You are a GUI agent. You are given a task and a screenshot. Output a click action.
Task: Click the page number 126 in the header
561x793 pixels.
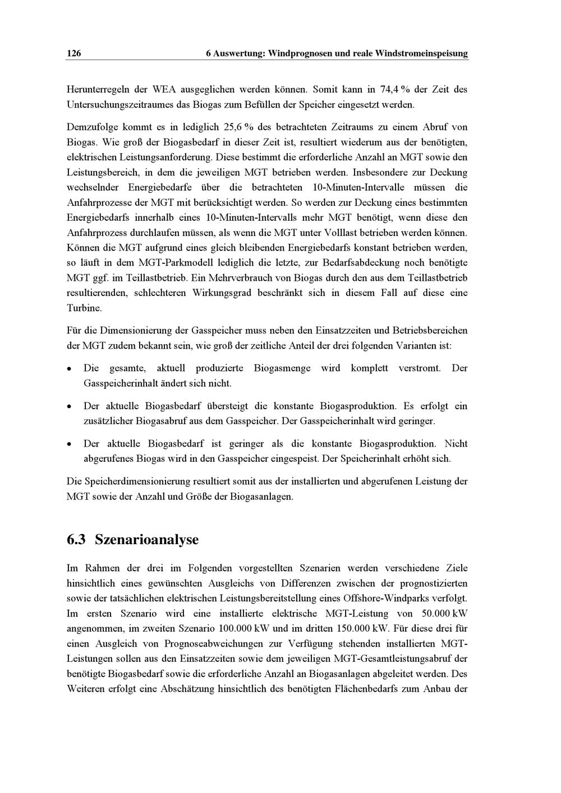73,54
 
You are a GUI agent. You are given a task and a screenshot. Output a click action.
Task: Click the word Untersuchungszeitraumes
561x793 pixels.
118,104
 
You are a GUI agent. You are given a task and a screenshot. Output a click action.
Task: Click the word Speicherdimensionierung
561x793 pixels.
137,481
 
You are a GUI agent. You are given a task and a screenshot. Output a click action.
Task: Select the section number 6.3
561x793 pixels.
76,540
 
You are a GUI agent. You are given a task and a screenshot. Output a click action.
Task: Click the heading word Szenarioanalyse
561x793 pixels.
147,540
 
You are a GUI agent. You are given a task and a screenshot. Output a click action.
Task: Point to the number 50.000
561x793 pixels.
429,614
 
